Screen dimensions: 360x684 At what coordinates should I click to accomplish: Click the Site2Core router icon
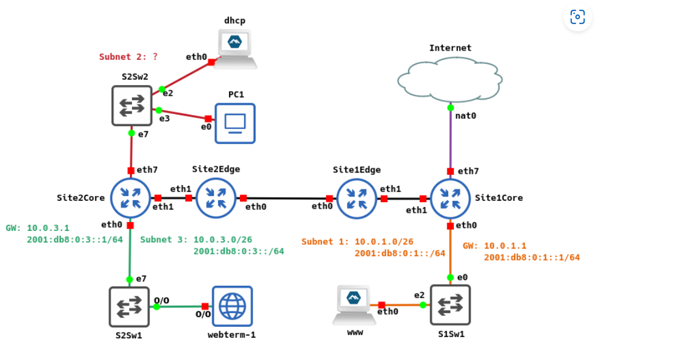[131, 198]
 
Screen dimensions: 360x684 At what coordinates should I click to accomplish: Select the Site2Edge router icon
[216, 198]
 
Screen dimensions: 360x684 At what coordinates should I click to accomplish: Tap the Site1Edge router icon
[357, 198]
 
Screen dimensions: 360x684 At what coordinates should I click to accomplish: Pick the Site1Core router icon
[450, 198]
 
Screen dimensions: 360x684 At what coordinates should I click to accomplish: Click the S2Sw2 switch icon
[131, 106]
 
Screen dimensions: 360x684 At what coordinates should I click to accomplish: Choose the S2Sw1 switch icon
[129, 306]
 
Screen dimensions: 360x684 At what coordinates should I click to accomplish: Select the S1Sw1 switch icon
[450, 305]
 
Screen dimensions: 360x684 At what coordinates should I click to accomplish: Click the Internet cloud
[450, 78]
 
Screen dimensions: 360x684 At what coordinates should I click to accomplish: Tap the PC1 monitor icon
[234, 123]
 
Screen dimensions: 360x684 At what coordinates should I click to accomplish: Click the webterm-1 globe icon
[232, 306]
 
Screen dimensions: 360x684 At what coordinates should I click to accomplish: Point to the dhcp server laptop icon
[235, 48]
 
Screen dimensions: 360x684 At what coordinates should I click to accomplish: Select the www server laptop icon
[354, 305]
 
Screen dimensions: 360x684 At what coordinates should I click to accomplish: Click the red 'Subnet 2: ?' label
[128, 57]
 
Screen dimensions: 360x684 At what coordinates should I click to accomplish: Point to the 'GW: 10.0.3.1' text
[37, 228]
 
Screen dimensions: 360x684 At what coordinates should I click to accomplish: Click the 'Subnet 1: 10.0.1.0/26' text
[357, 242]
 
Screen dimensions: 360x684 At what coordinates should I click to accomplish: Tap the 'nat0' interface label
[466, 116]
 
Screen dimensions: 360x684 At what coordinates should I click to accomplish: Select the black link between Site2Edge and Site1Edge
[286, 198]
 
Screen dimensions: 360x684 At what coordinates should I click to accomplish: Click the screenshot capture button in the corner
[577, 17]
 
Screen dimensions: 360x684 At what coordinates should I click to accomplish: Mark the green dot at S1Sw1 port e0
[450, 277]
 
